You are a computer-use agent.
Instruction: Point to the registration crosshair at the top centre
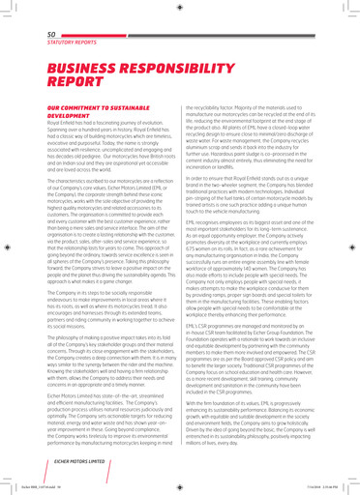point(180,8)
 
